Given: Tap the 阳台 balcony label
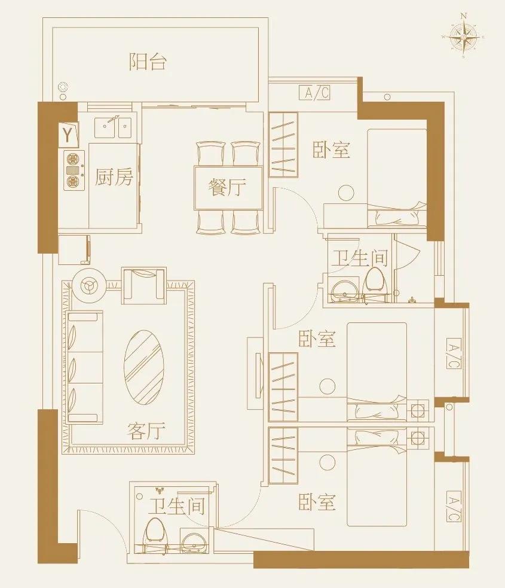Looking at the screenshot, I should [148, 62].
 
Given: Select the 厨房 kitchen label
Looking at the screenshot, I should [114, 177].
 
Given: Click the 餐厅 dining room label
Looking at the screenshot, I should [227, 187].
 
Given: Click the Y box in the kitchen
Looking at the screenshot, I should [69, 135].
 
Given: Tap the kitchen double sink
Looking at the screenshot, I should [114, 126].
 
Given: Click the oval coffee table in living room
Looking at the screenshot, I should [144, 367].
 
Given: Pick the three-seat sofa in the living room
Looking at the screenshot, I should [85, 367].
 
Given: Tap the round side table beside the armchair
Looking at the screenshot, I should [90, 287].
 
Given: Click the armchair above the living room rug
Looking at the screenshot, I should [143, 284].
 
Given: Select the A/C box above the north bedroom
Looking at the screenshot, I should [314, 93].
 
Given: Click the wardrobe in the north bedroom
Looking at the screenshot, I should [283, 144].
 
